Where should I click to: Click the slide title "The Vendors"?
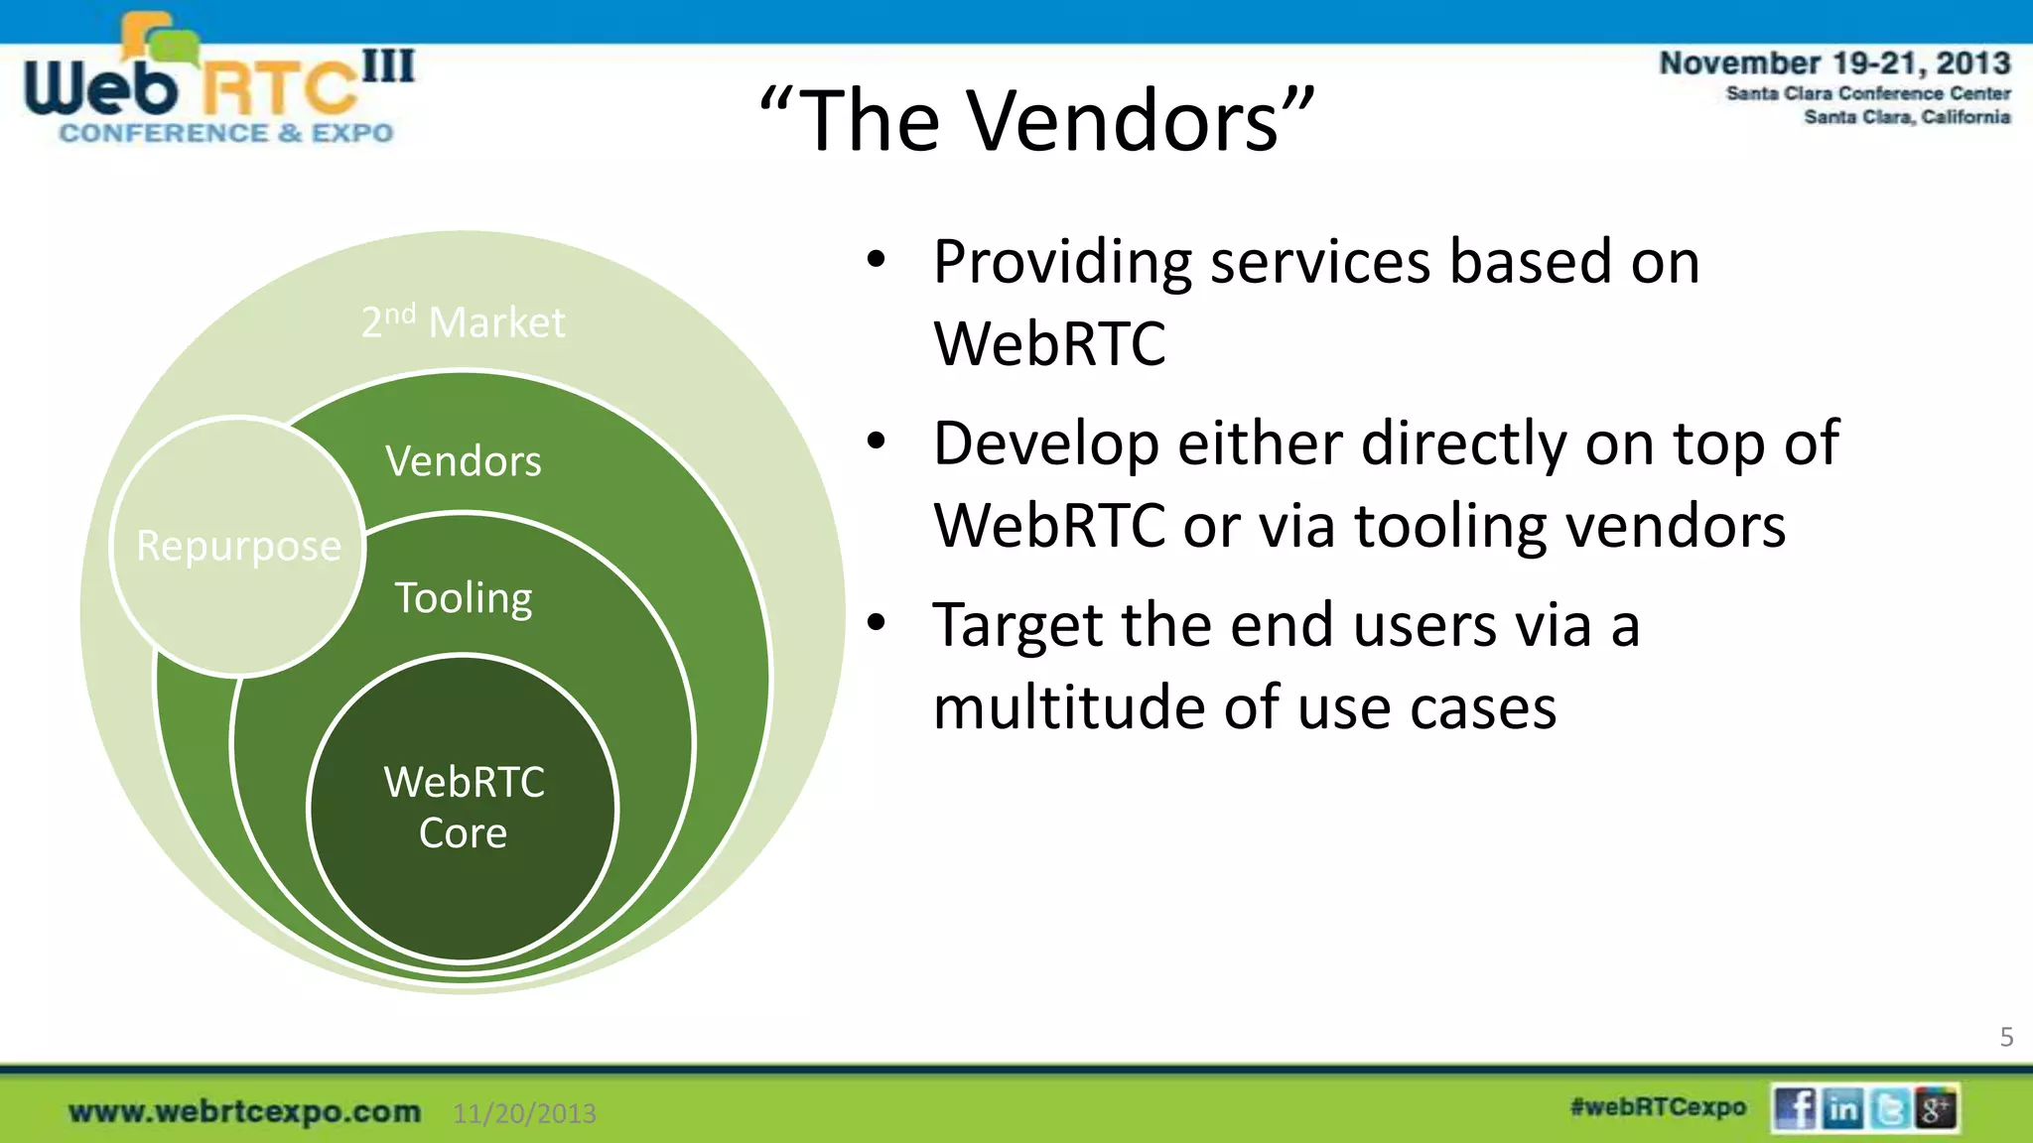click(x=1038, y=121)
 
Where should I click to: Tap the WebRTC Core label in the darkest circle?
click(x=464, y=807)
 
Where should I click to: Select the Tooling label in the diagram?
click(x=464, y=598)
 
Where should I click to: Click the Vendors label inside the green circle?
click(x=464, y=461)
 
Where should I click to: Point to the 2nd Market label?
click(x=463, y=322)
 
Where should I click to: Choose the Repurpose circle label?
click(x=238, y=546)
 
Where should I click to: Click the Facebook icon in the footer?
click(x=1794, y=1108)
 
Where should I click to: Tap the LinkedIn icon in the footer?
click(x=1842, y=1108)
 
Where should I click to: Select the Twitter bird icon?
click(x=1890, y=1108)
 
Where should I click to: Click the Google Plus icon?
click(x=1936, y=1108)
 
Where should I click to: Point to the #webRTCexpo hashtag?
click(x=1658, y=1107)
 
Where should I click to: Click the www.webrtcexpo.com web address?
click(x=244, y=1111)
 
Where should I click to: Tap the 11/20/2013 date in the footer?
click(x=524, y=1113)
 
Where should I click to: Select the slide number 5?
click(x=2006, y=1037)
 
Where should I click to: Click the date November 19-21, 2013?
click(x=1834, y=63)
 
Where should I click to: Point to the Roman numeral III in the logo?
click(x=388, y=66)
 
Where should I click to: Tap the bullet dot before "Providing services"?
click(x=875, y=260)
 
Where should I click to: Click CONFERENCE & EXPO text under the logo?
click(x=226, y=133)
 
